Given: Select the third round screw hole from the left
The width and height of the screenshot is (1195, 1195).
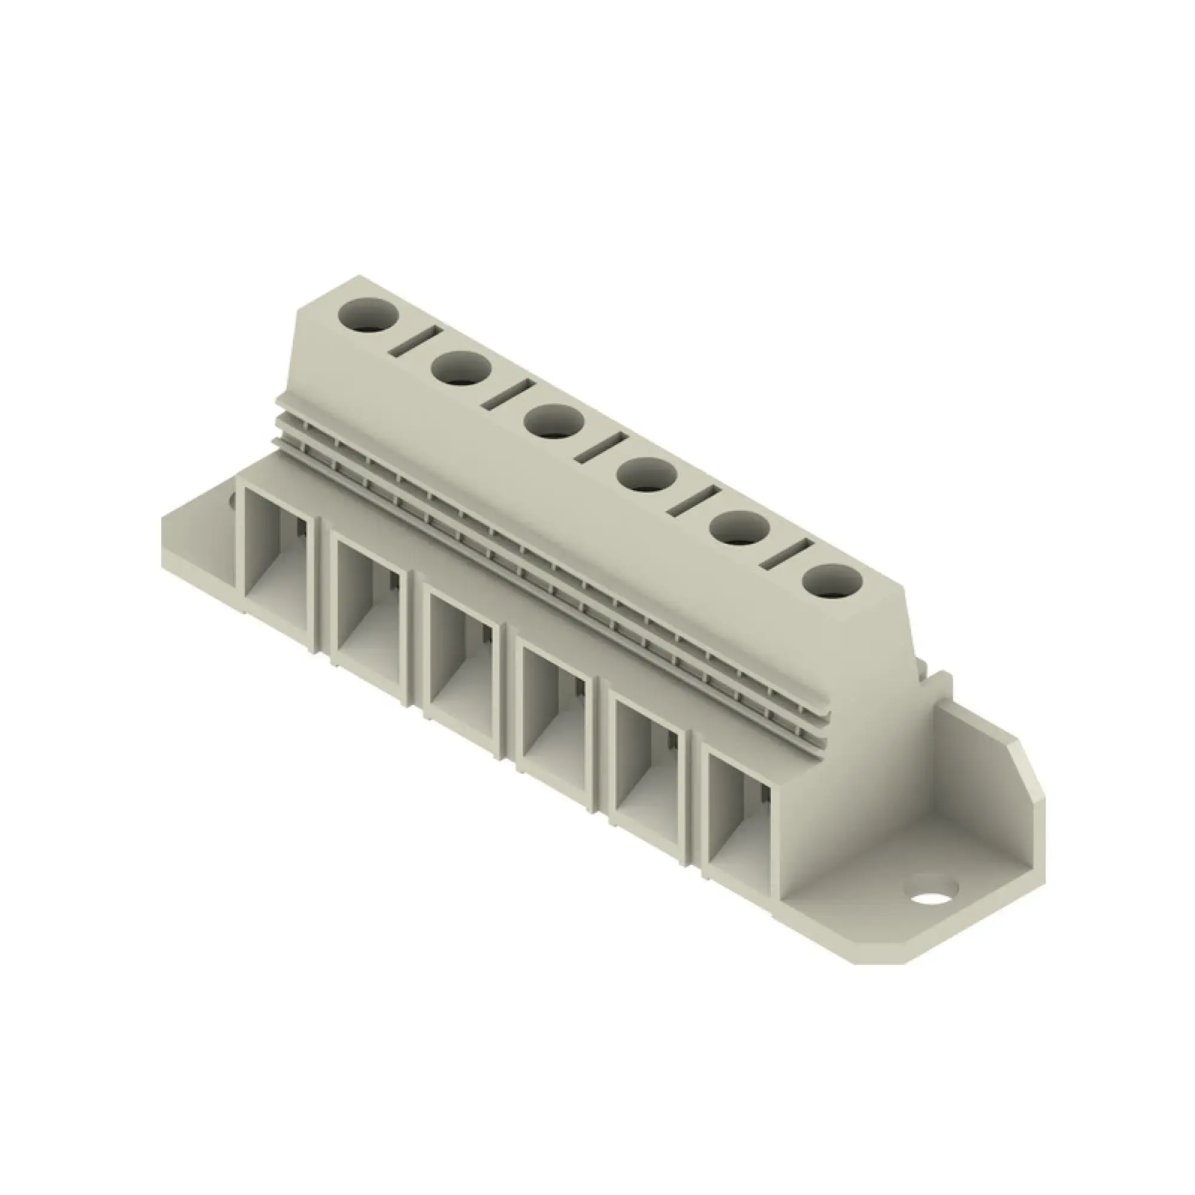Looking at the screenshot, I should coord(554,421).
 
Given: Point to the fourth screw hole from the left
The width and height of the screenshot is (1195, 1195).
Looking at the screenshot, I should coord(647,475).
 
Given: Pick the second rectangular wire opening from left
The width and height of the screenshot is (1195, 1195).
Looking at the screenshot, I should coord(370,600).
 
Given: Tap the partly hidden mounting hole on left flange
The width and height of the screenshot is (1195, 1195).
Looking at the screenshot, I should coord(233,502).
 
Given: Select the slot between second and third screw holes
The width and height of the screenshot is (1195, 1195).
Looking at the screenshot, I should coord(508,395).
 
